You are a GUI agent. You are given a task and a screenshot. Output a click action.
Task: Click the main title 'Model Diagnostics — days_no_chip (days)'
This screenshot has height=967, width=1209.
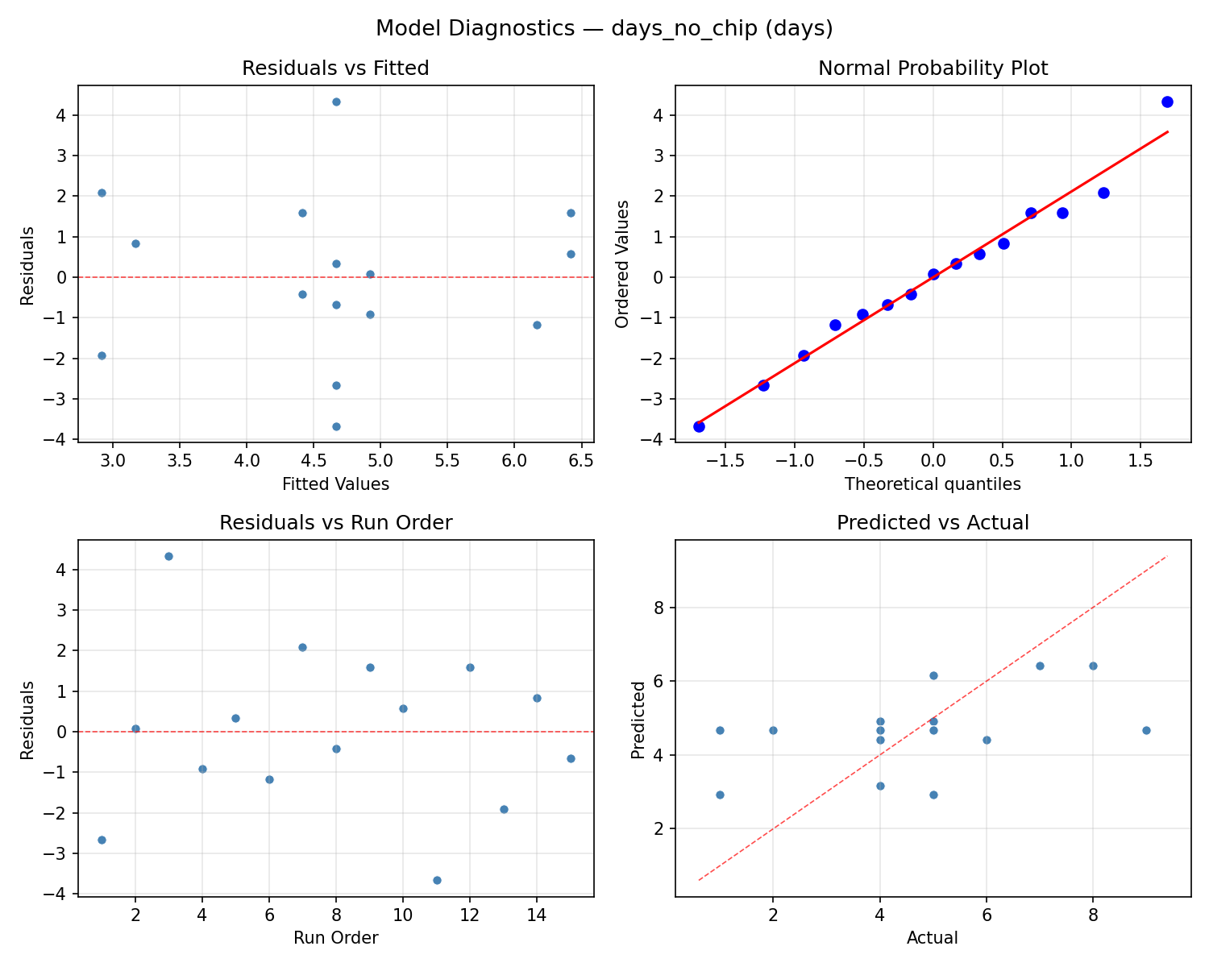604,28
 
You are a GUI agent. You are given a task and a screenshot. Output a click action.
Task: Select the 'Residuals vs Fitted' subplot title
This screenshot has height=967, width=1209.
335,68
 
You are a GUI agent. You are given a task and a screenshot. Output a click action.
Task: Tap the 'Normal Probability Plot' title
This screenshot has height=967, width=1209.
933,68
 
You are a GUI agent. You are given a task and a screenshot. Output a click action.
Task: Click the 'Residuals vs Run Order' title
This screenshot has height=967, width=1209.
335,523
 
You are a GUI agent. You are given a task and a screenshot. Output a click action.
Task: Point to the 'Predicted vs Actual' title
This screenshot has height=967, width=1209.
933,523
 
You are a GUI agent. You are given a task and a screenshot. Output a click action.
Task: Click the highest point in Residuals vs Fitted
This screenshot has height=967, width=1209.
336,102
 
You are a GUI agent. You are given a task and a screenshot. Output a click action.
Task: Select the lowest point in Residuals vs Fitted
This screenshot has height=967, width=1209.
336,426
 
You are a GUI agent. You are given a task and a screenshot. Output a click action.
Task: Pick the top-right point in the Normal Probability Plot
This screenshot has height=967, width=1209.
1167,102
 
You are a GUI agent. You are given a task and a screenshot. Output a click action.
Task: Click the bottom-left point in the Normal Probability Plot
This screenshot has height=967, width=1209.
699,426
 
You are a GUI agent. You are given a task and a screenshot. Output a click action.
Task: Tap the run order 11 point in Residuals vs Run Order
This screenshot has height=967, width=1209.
437,880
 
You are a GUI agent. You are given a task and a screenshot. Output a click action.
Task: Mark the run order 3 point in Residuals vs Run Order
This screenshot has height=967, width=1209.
168,556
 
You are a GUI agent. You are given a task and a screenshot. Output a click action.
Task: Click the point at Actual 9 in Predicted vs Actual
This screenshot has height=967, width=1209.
1146,730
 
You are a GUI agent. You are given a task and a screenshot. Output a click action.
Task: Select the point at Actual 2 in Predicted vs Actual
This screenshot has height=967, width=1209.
773,730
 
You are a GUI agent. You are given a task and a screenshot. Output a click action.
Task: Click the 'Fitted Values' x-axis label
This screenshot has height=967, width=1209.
335,484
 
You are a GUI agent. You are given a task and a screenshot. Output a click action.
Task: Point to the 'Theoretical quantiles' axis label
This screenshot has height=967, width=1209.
933,484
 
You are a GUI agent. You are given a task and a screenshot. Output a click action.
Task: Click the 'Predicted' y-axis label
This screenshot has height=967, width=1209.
638,720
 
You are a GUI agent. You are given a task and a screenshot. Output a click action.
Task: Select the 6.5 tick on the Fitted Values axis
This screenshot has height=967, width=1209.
580,460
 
